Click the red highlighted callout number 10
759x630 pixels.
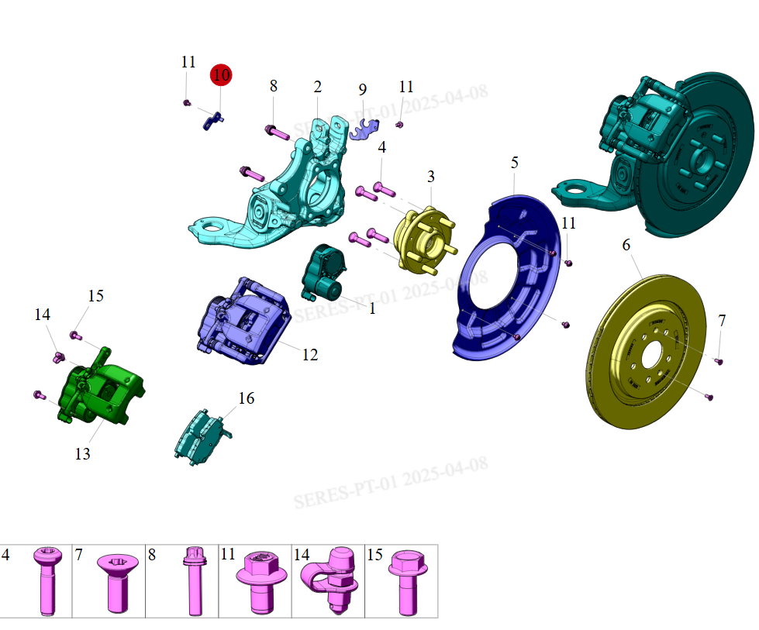221,75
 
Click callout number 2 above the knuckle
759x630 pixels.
317,86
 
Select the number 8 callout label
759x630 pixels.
273,86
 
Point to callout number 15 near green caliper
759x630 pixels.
95,296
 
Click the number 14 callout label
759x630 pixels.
42,315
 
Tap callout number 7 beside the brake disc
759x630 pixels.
722,320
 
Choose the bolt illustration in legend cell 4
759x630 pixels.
44,580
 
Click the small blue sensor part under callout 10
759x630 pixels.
213,119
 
